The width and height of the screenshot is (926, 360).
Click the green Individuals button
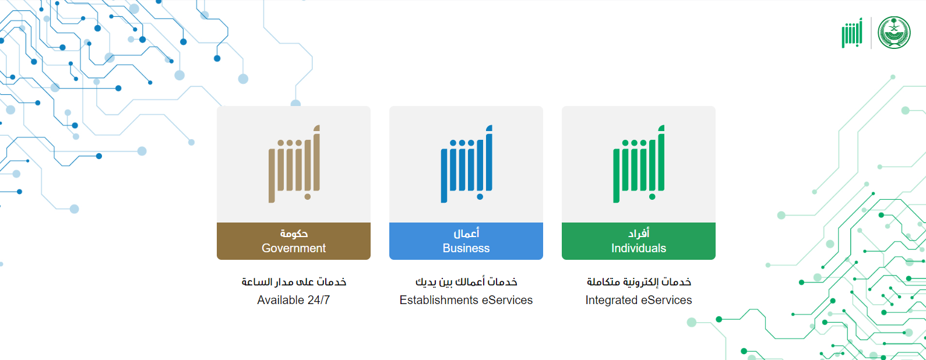[x=638, y=241]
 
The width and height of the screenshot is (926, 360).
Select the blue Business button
[x=466, y=241]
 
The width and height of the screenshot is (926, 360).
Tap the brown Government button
[x=294, y=241]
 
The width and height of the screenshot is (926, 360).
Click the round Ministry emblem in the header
[x=894, y=33]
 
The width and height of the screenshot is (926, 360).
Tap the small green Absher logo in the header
[x=851, y=33]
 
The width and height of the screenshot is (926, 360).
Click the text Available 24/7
[x=294, y=300]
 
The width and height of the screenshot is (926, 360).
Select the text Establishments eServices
[x=466, y=300]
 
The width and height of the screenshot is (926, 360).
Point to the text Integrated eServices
[x=638, y=300]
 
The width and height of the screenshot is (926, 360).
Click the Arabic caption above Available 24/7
[x=294, y=282]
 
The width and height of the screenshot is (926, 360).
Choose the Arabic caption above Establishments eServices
[x=466, y=282]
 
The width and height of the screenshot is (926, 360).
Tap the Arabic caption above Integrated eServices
[x=639, y=282]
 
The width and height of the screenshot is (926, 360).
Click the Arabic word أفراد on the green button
[x=639, y=234]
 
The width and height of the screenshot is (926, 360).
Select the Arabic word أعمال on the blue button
[x=466, y=234]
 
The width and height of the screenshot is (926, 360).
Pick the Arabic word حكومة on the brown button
[x=294, y=234]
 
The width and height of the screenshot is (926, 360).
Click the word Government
[x=294, y=248]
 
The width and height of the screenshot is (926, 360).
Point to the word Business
[x=466, y=248]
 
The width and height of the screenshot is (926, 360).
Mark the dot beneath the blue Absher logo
[x=480, y=197]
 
